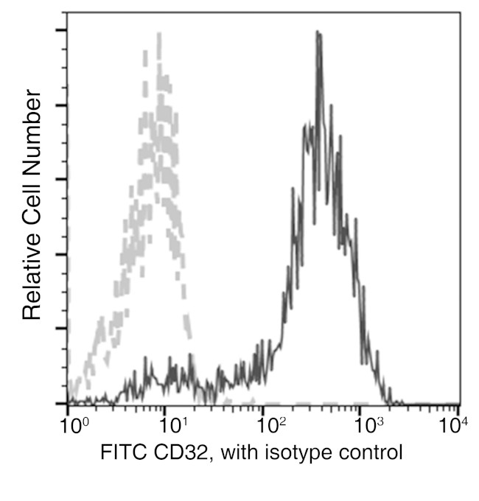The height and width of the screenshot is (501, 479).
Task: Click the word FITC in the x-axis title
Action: [x=119, y=451]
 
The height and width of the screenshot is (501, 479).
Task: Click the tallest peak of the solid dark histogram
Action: [x=318, y=32]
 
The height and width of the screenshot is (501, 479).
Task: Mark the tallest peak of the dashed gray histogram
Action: [x=158, y=34]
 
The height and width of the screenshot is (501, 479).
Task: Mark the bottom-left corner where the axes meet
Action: [x=68, y=404]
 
